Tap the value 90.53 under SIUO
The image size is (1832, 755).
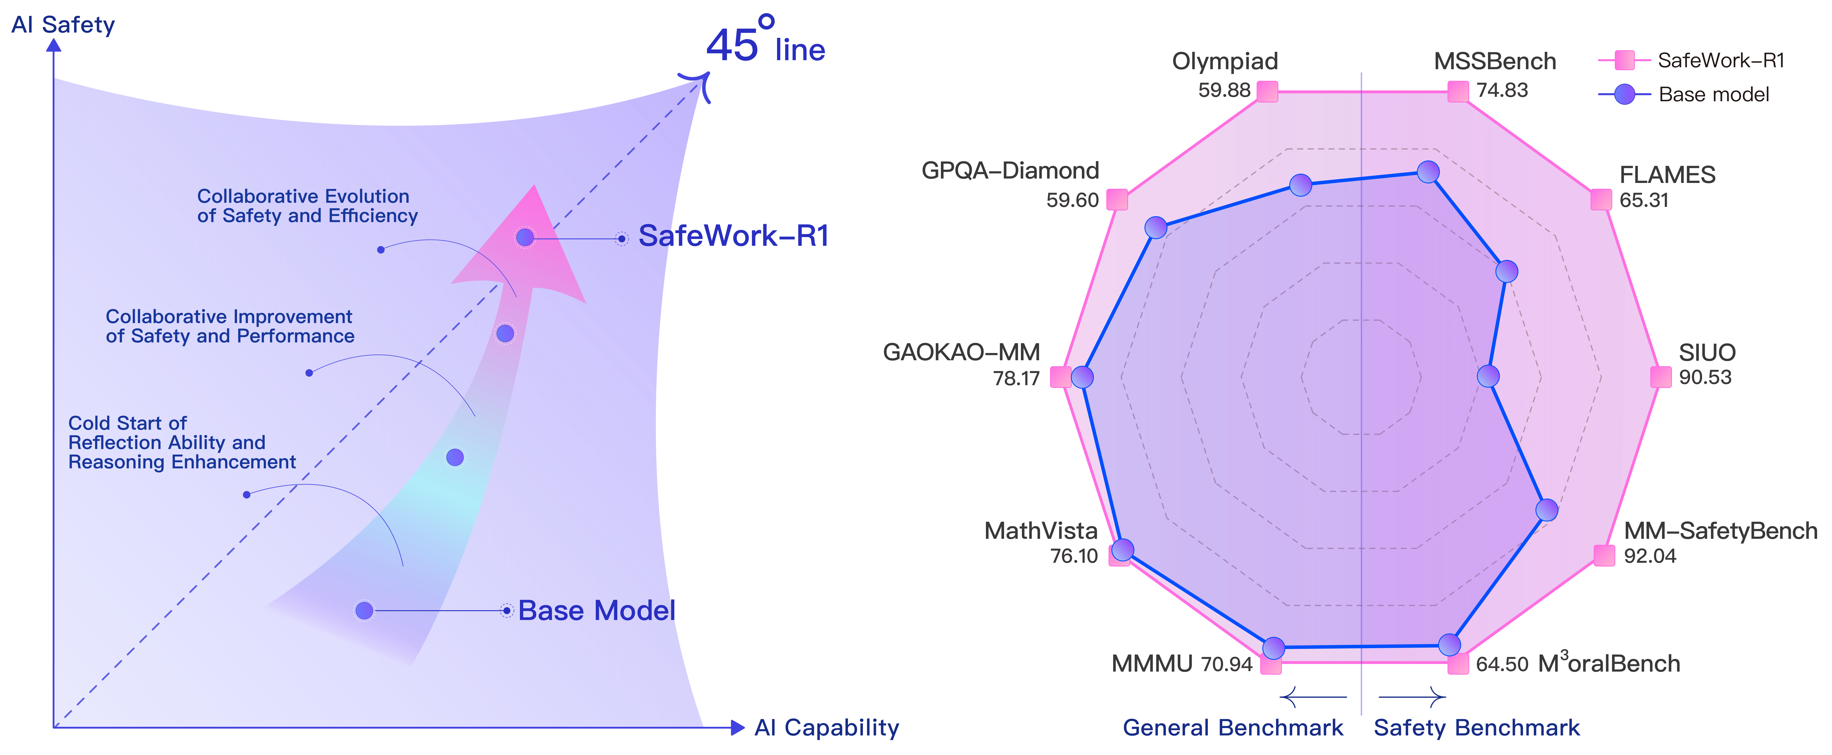point(1705,378)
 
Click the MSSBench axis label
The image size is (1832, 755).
point(1494,62)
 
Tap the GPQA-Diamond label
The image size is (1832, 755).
point(1010,171)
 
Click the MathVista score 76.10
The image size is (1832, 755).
point(1074,556)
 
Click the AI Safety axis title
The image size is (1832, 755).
point(63,25)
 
